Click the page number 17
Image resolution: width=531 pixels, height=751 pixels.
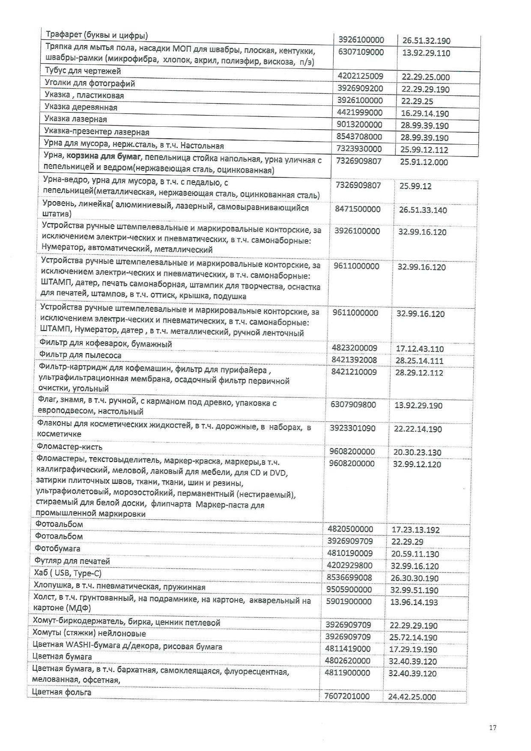tap(492, 727)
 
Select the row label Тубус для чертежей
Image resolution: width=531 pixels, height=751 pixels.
tap(83, 71)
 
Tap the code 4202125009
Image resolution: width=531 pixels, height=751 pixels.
tap(360, 76)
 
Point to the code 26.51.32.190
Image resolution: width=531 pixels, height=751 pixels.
tap(426, 41)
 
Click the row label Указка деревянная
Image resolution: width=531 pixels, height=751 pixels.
tap(81, 107)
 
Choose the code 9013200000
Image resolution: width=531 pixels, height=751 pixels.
tap(360, 125)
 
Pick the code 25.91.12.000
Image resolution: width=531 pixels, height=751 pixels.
tap(424, 162)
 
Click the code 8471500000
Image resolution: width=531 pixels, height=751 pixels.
tap(357, 209)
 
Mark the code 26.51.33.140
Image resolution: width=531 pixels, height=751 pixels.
tap(423, 210)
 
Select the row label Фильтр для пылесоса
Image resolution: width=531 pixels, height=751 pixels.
tap(80, 355)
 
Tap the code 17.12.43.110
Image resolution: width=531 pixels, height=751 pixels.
tap(419, 349)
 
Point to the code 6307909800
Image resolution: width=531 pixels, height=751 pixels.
tap(353, 404)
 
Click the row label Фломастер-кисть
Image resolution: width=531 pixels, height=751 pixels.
tap(69, 447)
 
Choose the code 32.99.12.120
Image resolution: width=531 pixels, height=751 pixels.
tap(417, 464)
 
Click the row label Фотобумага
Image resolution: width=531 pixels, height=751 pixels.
tap(57, 548)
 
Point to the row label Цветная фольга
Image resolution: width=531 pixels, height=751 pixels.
tap(62, 692)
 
